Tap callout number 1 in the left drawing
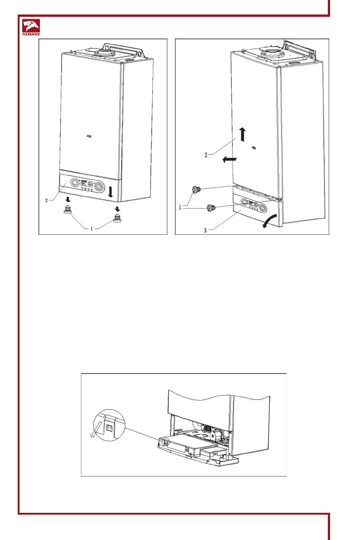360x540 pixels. [x=92, y=229]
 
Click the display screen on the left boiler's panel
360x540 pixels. [x=84, y=184]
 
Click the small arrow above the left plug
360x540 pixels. [x=68, y=199]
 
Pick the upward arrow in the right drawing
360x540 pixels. [x=243, y=134]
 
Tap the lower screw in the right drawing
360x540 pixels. [x=211, y=208]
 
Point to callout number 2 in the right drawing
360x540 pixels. [x=206, y=155]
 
